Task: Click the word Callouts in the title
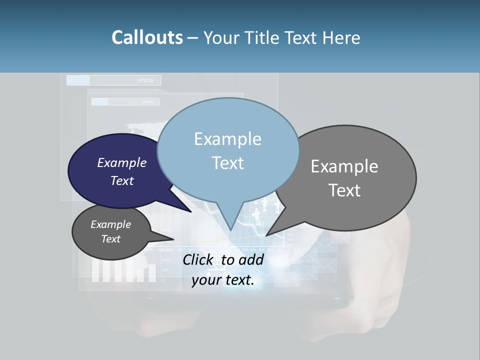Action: tap(147, 38)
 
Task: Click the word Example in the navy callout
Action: tap(121, 162)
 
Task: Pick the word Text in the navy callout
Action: tap(121, 180)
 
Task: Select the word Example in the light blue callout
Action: tap(227, 139)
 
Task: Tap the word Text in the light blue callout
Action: tap(227, 163)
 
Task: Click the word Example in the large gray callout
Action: tap(344, 166)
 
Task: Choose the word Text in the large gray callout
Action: tap(344, 190)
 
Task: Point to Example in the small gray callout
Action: tap(110, 224)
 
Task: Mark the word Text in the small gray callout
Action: tap(110, 239)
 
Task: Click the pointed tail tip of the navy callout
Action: tap(191, 212)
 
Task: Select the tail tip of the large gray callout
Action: tap(266, 235)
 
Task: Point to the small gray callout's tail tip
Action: tap(173, 238)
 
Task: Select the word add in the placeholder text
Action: tap(251, 259)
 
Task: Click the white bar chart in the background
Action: tap(123, 271)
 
